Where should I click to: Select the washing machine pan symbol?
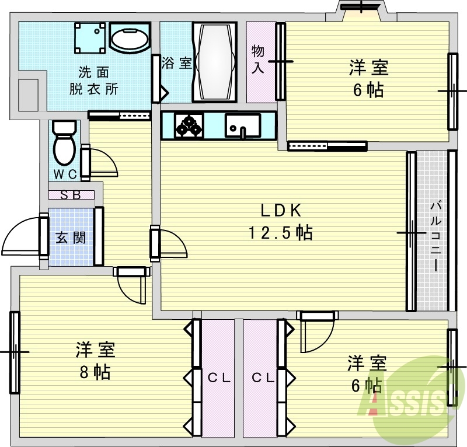91,37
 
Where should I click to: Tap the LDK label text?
280,210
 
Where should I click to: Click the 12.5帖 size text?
280,233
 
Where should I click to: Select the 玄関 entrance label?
71,238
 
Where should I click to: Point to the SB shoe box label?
71,195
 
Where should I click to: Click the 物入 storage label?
258,59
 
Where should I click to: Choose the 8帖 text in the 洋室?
95,372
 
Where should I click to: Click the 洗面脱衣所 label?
94,81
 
